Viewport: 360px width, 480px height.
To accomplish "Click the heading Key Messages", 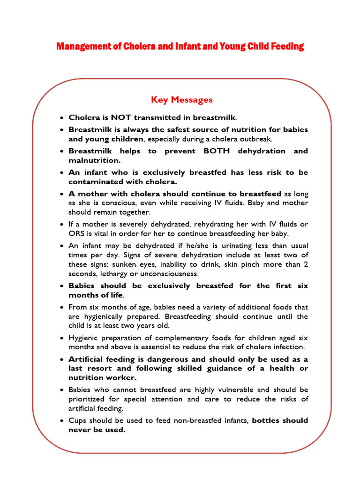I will tap(181, 100).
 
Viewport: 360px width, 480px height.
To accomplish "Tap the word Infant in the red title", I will tap(184, 46).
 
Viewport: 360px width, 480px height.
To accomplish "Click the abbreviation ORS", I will tap(76, 233).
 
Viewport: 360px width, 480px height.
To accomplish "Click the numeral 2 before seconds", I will tap(306, 264).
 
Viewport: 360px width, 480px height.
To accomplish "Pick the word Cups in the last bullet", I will tap(77, 420).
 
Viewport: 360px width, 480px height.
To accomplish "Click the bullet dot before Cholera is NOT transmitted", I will tap(61, 118).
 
